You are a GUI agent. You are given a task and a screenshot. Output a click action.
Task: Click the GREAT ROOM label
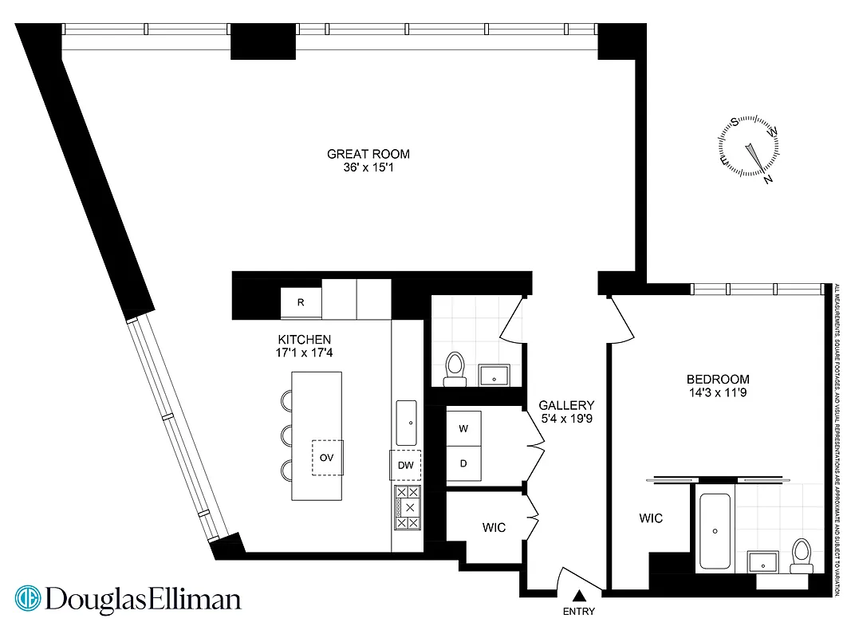[x=368, y=154]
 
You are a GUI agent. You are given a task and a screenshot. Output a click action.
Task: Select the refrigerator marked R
[x=301, y=303]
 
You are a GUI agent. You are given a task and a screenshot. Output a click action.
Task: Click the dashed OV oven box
[x=326, y=458]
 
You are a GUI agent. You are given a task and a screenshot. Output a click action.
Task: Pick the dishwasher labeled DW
[x=405, y=465]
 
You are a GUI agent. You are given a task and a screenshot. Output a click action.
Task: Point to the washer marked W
[x=463, y=428]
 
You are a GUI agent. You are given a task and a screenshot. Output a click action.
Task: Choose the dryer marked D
[x=463, y=463]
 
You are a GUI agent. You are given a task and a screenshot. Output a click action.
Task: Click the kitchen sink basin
[x=407, y=423]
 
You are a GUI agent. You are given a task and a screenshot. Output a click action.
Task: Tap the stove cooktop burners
[x=408, y=507]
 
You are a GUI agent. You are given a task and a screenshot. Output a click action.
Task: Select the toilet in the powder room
[x=455, y=368]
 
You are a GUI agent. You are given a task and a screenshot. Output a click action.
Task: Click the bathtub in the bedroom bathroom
[x=715, y=530]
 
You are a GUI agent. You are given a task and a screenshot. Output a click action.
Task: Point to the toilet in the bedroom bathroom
[x=800, y=555]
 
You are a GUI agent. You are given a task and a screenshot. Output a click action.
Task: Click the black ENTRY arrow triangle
[x=580, y=594]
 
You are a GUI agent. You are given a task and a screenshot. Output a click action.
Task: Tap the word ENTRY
[x=579, y=612]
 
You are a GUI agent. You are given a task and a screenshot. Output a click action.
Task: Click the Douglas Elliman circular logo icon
[x=28, y=599]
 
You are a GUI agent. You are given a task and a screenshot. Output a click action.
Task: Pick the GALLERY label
[x=566, y=405]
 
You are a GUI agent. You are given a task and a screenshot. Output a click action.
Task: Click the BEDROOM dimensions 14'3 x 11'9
[x=718, y=392]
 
